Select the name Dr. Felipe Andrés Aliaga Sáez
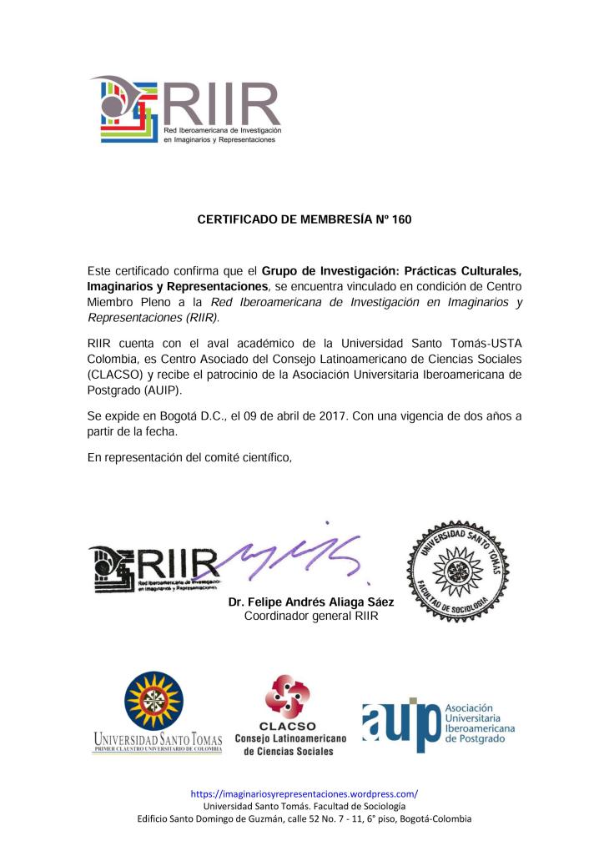311,602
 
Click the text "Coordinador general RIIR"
311,617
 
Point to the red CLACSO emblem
287,697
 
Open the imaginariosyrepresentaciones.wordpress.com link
304,793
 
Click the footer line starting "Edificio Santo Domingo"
304,818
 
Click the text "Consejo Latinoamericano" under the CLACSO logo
289,738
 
